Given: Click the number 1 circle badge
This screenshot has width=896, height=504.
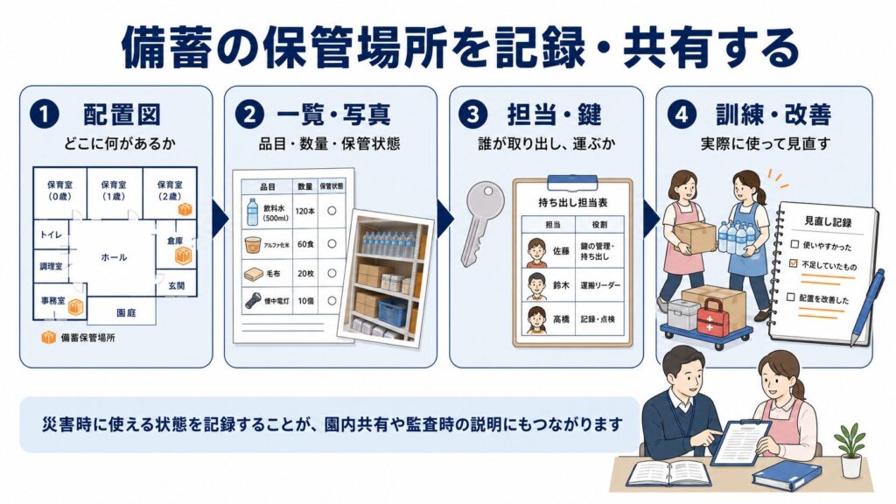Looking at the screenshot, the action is click(44, 115).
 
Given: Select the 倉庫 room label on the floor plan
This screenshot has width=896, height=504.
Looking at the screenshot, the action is click(175, 241).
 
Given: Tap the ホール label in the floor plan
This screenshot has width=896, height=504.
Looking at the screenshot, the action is click(115, 257).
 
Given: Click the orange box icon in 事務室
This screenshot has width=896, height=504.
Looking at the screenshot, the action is click(76, 307).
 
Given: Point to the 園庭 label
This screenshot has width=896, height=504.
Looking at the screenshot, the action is click(126, 312).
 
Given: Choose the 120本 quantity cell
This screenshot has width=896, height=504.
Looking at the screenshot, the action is click(305, 211).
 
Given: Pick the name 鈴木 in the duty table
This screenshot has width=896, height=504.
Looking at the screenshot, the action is click(561, 284).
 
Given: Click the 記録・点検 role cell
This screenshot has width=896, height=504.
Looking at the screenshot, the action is click(598, 318).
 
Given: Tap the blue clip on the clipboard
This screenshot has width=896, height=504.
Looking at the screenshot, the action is click(572, 182).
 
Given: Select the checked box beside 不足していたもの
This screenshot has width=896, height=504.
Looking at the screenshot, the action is click(793, 263).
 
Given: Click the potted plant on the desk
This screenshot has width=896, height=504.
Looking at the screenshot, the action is click(849, 450).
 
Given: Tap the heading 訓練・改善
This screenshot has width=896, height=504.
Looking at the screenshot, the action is click(773, 115).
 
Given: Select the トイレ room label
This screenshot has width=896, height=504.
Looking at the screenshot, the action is click(51, 234).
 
